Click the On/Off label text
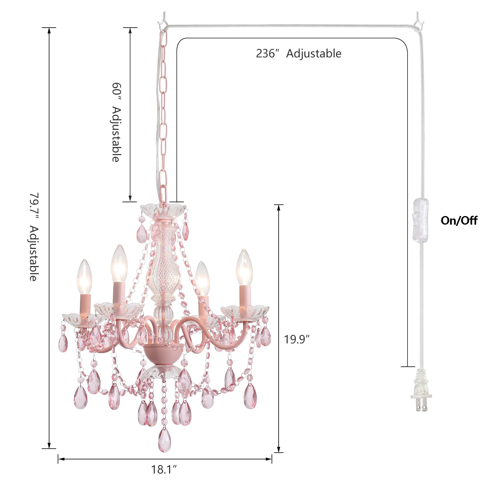(x=459, y=221)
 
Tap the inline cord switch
(x=420, y=220)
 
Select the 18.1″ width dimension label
(x=164, y=470)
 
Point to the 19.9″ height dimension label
(x=296, y=339)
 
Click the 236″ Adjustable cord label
(x=299, y=53)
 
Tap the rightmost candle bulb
(x=244, y=268)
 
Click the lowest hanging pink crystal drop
(x=164, y=440)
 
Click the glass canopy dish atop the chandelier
(x=163, y=210)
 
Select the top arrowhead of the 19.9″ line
(x=279, y=207)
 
